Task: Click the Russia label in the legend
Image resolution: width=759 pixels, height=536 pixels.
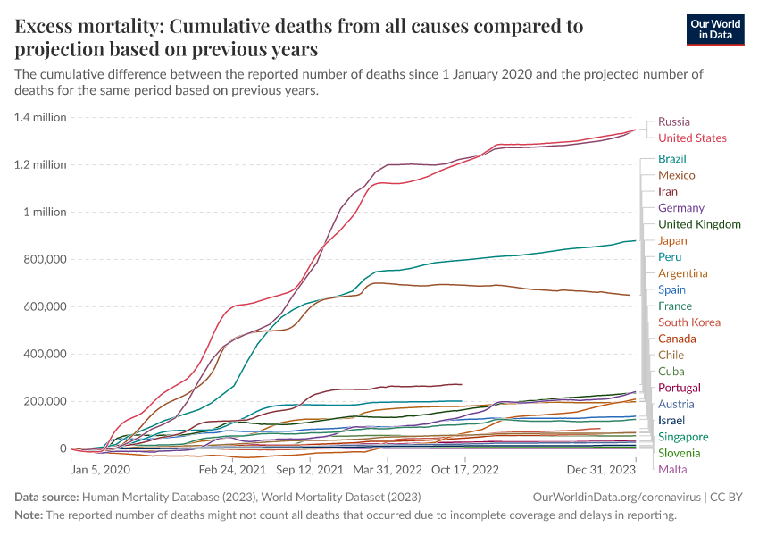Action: click(x=673, y=121)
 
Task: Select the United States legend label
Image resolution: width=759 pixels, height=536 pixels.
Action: click(x=692, y=138)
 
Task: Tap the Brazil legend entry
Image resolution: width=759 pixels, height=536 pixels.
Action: click(x=671, y=159)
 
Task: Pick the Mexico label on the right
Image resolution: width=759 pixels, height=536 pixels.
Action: click(x=676, y=175)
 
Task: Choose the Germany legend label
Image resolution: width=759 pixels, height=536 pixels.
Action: click(x=681, y=208)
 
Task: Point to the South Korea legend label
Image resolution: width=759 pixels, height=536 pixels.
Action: click(x=688, y=322)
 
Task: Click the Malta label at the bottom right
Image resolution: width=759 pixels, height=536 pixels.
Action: click(x=672, y=469)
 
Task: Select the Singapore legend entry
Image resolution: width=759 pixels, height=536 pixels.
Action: click(x=683, y=437)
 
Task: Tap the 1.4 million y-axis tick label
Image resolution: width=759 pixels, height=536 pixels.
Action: click(x=40, y=117)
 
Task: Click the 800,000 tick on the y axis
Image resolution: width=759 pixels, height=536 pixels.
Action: click(x=43, y=259)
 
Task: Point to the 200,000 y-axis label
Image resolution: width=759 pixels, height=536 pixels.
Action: click(x=43, y=401)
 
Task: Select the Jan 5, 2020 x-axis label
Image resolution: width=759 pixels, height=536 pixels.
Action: click(x=100, y=468)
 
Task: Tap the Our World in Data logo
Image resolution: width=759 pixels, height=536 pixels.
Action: click(x=715, y=29)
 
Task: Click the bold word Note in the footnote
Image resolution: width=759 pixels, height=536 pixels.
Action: click(x=30, y=515)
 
